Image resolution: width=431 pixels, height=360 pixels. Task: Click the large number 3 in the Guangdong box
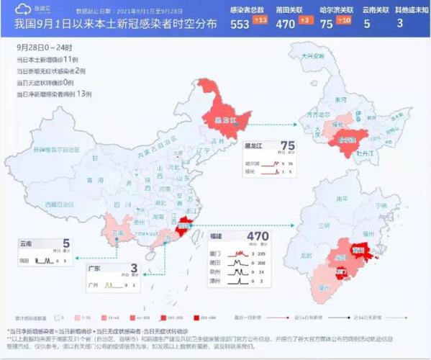click(x=134, y=269)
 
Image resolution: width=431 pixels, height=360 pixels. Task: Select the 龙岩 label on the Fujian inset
click(x=307, y=254)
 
